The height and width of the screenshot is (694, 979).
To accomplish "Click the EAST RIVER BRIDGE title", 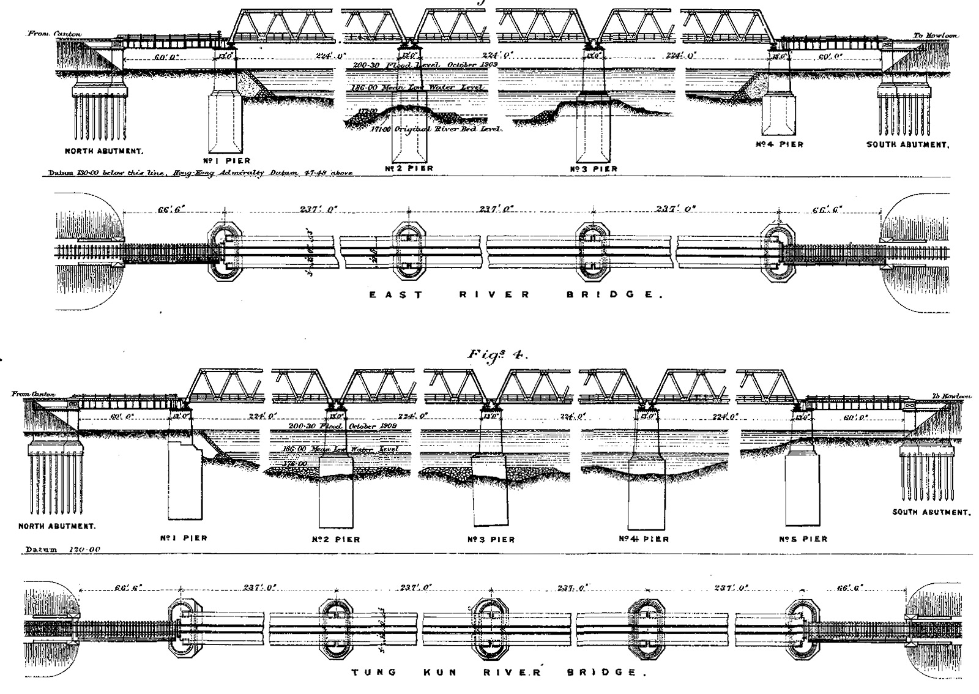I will click(515, 294).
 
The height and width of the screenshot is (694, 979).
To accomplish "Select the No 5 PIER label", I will click(803, 539).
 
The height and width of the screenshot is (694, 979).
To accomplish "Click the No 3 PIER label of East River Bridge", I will click(594, 168).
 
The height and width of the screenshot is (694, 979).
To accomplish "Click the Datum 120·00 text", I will click(62, 550).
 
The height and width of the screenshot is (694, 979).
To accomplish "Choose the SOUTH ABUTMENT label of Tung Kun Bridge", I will click(931, 512).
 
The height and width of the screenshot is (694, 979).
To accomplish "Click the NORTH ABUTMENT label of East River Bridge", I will click(100, 150).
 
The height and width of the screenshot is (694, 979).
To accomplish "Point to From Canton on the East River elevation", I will click(54, 34).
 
